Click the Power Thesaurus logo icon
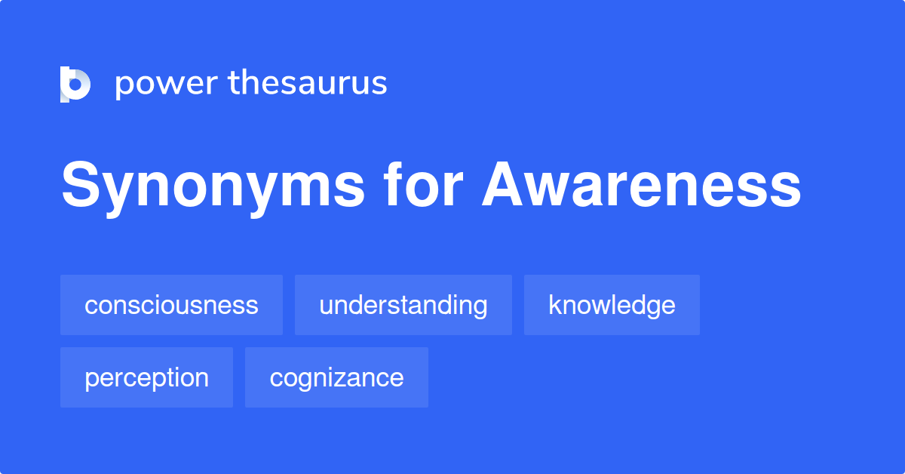click(x=75, y=84)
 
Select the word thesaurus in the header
click(x=308, y=83)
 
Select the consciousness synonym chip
click(x=171, y=305)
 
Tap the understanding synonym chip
click(x=403, y=305)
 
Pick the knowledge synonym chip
click(x=612, y=305)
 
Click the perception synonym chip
click(x=146, y=377)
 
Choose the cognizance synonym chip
click(x=336, y=377)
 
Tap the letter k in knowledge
click(x=554, y=305)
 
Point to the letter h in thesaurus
click(x=250, y=82)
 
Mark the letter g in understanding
click(x=480, y=307)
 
